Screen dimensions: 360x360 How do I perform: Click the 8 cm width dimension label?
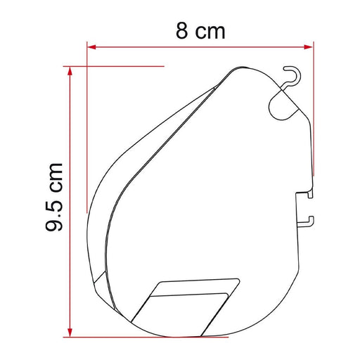(200, 30)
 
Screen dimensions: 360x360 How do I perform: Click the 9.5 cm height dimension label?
(54, 196)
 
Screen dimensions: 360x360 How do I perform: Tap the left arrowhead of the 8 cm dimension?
(91, 47)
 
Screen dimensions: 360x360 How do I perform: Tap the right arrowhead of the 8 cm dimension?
(308, 47)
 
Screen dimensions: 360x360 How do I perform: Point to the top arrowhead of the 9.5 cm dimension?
(70, 71)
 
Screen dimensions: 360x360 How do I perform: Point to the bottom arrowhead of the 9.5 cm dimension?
(70, 333)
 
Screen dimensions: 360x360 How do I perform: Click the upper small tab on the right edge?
(310, 194)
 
